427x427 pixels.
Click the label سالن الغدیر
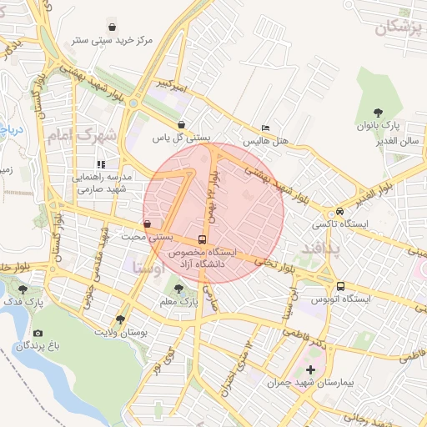[396, 141]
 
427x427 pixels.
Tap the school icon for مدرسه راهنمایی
[102, 164]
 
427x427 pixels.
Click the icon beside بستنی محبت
[148, 224]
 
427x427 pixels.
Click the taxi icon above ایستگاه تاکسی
[340, 211]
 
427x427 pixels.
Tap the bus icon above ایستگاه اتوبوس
[340, 286]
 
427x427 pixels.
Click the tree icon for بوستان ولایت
[120, 319]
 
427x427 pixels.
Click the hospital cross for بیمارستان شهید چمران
[310, 369]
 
